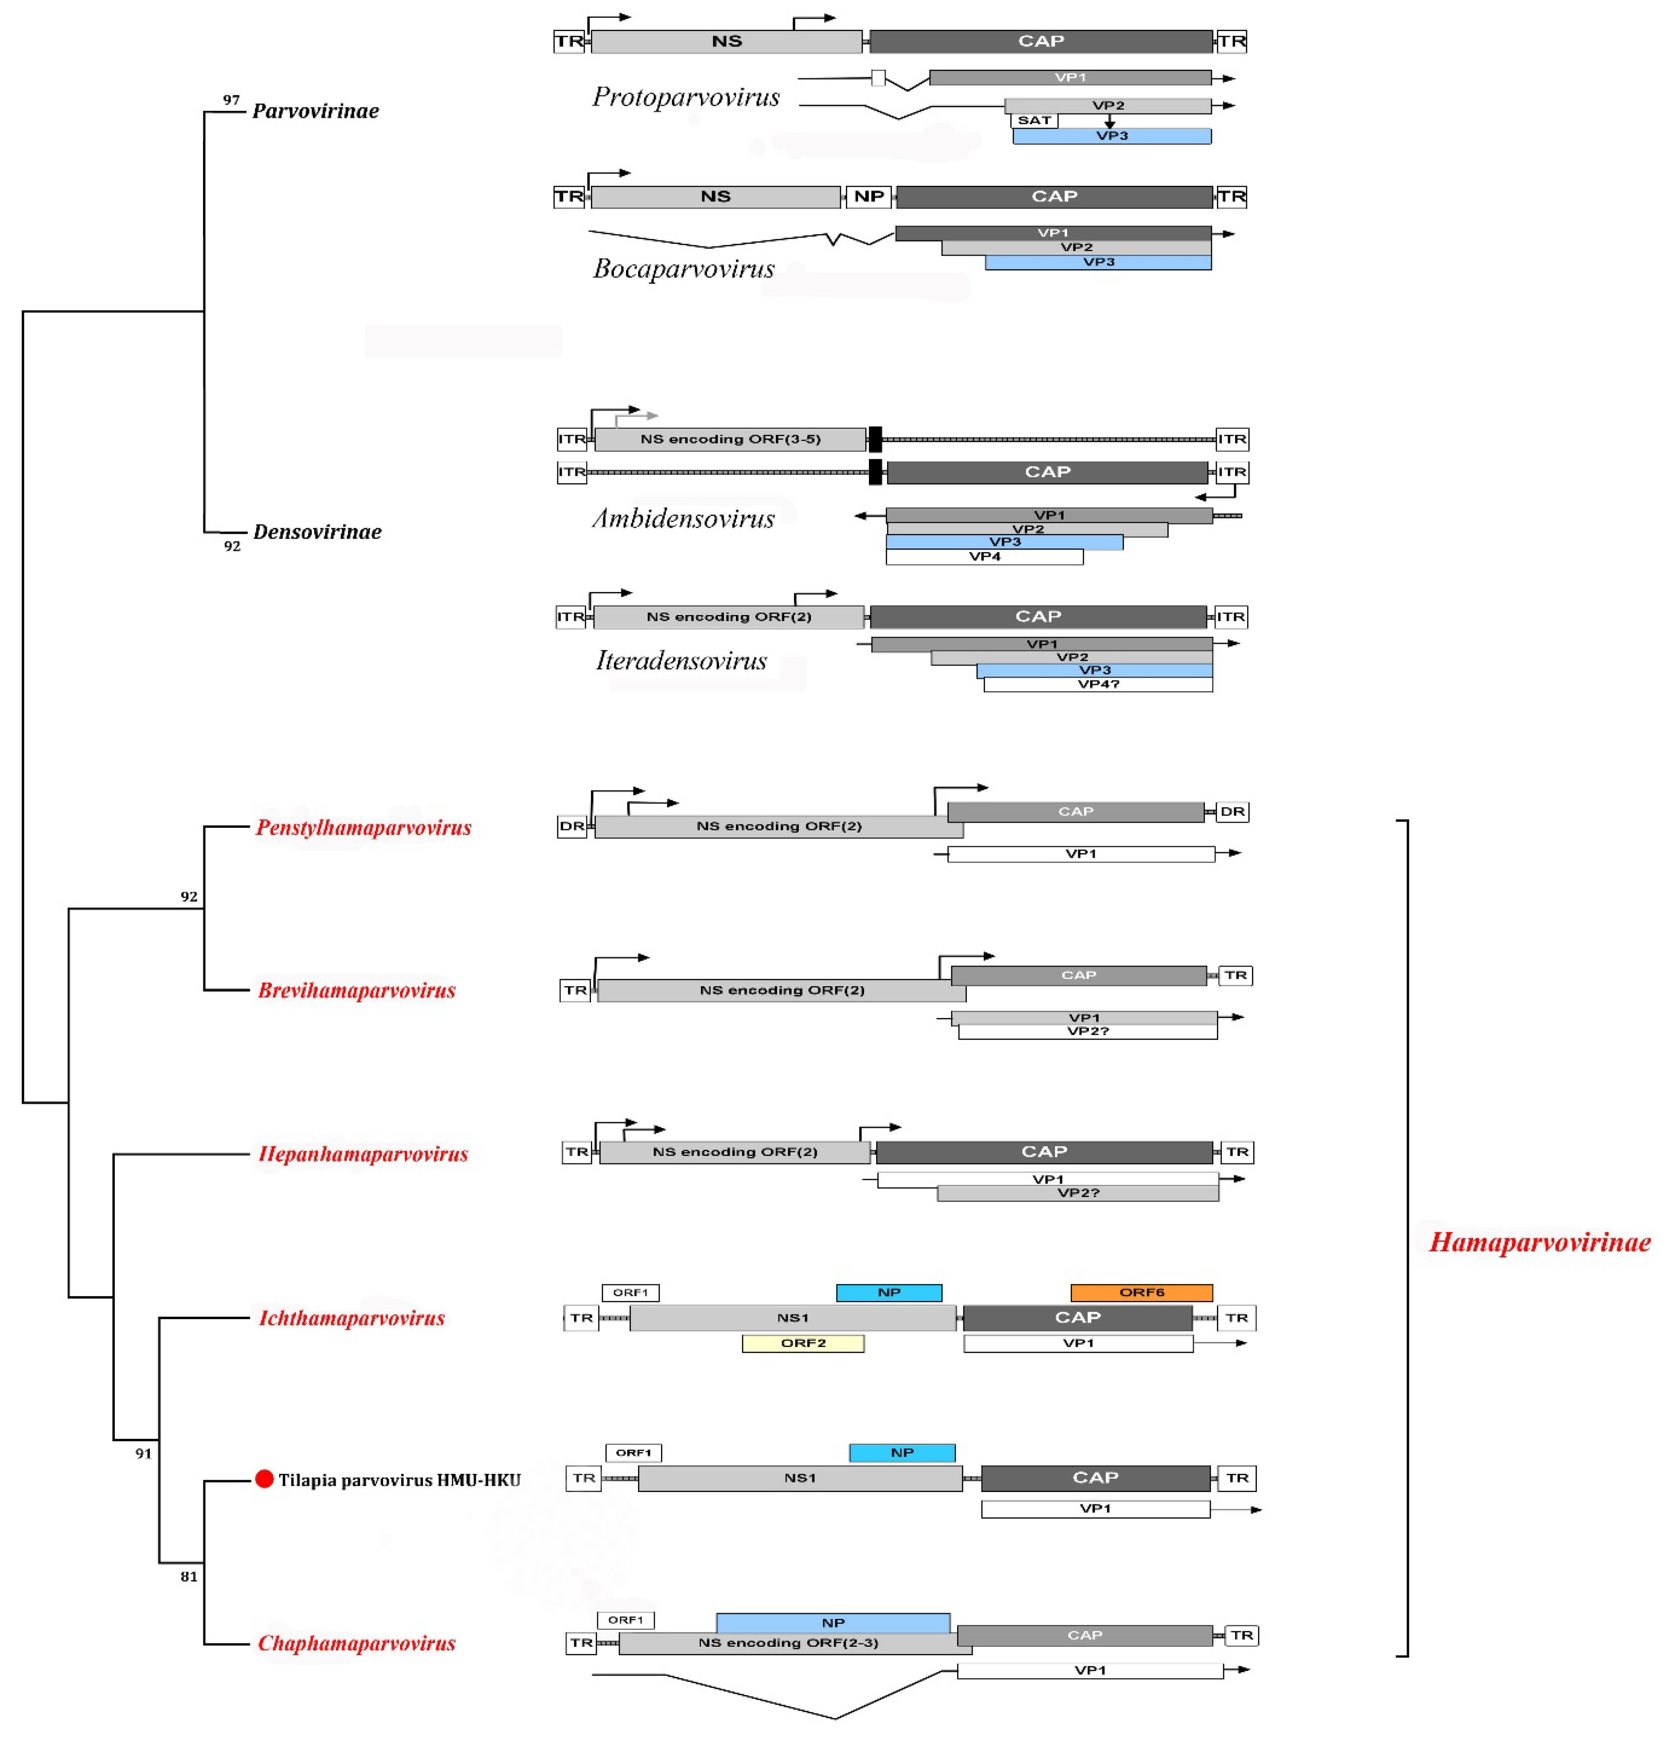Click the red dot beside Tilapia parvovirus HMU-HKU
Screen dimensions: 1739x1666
(263, 1479)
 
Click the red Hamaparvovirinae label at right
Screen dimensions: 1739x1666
(1539, 1242)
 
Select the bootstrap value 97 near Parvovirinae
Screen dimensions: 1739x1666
(231, 100)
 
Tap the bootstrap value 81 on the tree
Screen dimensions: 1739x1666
(189, 1577)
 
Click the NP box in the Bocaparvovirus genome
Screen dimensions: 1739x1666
(868, 196)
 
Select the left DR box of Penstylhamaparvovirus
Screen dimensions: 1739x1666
(571, 826)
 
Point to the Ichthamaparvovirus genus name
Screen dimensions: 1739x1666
(351, 1319)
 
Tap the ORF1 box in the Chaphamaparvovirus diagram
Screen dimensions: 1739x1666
(626, 1620)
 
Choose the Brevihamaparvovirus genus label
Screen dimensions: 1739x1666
(356, 990)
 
